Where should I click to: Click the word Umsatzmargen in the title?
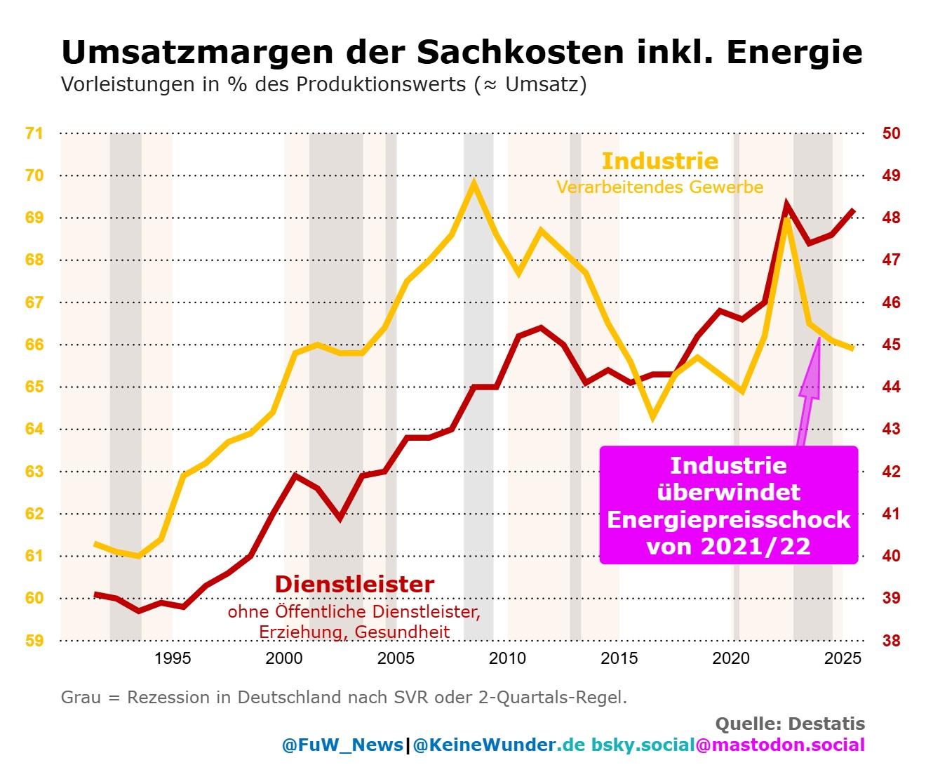pyautogui.click(x=197, y=53)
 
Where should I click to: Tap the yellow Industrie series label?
pyautogui.click(x=659, y=161)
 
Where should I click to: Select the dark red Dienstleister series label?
pyautogui.click(x=354, y=585)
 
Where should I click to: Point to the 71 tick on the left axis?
pyautogui.click(x=34, y=133)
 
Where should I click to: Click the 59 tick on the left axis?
pyautogui.click(x=34, y=640)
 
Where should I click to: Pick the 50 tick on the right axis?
pyautogui.click(x=891, y=133)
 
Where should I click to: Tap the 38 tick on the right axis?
pyautogui.click(x=891, y=640)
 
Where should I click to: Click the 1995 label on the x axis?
pyautogui.click(x=173, y=658)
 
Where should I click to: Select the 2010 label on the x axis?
pyautogui.click(x=507, y=658)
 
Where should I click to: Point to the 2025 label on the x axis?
pyautogui.click(x=843, y=658)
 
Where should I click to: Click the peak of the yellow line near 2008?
pyautogui.click(x=474, y=182)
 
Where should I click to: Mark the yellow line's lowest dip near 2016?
pyautogui.click(x=652, y=417)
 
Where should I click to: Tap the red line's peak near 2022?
pyautogui.click(x=786, y=204)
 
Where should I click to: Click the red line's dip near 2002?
pyautogui.click(x=340, y=517)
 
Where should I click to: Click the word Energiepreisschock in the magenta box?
pyautogui.click(x=728, y=519)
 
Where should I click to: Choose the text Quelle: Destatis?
pyautogui.click(x=790, y=724)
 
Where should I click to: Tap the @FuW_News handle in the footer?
pyautogui.click(x=342, y=745)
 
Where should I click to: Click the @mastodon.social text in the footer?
pyautogui.click(x=780, y=745)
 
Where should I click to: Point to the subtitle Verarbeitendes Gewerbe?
pyautogui.click(x=660, y=187)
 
